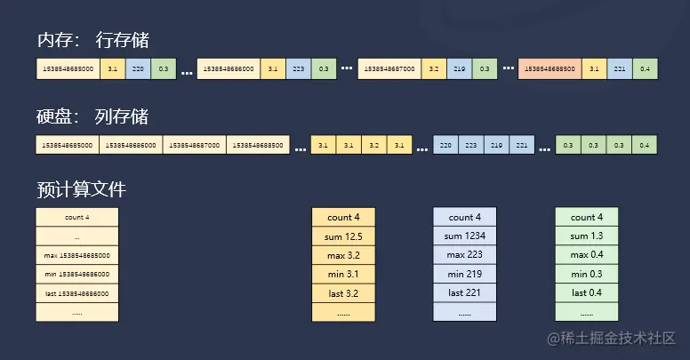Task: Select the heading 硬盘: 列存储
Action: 92,116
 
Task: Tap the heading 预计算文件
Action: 82,189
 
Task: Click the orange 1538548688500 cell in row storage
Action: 550,68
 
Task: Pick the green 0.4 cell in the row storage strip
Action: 644,68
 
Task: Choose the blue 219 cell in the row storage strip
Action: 459,68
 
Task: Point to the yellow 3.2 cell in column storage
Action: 374,145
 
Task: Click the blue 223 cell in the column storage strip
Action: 471,145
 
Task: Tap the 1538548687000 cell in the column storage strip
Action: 194,145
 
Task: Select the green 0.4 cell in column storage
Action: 644,145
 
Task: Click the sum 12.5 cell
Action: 343,236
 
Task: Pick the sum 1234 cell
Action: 465,236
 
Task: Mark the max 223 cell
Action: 465,255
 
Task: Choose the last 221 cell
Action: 465,292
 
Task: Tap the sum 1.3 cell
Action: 586,236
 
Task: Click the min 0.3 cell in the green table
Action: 586,274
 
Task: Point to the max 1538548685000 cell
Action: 76,255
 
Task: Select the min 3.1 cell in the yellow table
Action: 343,274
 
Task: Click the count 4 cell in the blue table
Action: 465,217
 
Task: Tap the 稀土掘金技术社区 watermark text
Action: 614,339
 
